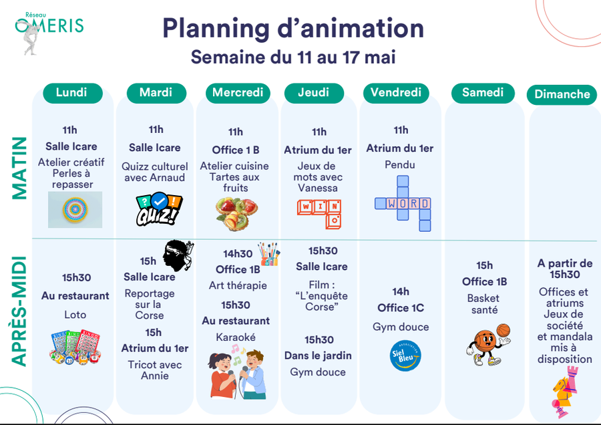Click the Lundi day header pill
coord(72,93)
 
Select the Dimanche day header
coord(562,94)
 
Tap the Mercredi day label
coord(238,93)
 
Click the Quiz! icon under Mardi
coord(159,209)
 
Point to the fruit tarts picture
coord(237,213)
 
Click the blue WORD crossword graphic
coord(403,203)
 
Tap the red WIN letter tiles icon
coord(319,214)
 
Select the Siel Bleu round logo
coord(405,356)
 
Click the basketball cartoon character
coord(488,344)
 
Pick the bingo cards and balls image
coord(75,347)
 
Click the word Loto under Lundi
coord(75,315)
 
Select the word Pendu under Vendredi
coord(400,165)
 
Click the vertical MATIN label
coord(19,168)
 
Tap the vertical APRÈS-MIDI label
coord(19,311)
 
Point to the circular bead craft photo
coord(75,209)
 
